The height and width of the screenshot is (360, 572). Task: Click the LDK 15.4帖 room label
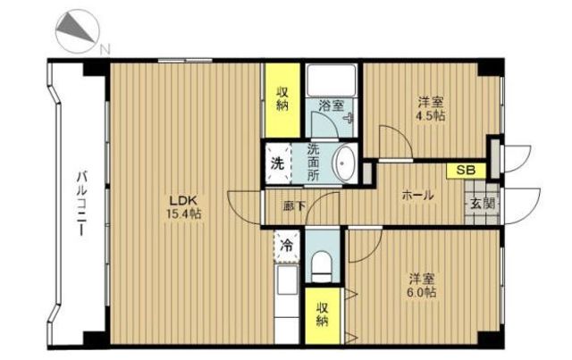point(184,207)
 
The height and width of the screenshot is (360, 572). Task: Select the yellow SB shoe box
point(467,171)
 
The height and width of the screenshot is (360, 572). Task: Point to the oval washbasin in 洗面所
point(344,163)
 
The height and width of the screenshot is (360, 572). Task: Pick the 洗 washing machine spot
point(278,163)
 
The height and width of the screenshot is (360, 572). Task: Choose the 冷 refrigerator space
point(287,245)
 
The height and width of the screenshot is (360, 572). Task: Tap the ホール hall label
point(417,196)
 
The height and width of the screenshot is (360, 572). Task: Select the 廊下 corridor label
point(294,206)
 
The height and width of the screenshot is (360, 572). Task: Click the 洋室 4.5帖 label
point(431,108)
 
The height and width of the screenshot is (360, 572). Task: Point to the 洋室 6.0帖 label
point(422,285)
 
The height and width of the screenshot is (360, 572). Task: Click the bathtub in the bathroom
point(332,80)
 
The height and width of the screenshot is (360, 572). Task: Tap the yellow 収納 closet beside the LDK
point(282,100)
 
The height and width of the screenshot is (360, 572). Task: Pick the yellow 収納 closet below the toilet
point(323,315)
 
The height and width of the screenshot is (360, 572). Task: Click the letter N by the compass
point(105,49)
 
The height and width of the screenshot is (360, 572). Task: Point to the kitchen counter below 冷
point(286,305)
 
